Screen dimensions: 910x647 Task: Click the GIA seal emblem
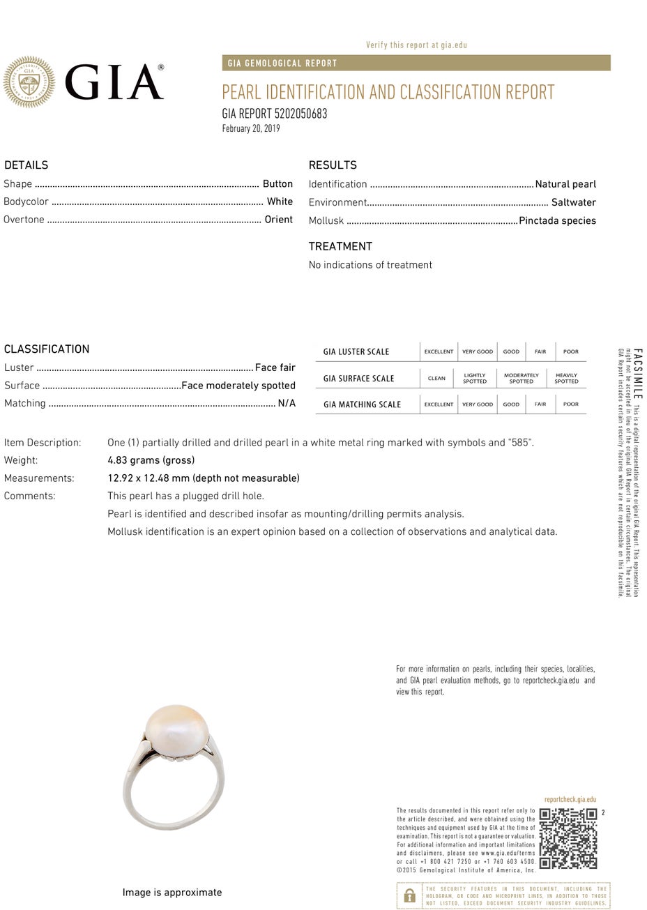pos(29,82)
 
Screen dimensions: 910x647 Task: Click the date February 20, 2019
pos(251,128)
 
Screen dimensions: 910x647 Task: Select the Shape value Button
pos(277,184)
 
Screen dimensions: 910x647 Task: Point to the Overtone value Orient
pos(278,220)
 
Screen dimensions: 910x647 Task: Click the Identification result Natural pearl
pos(565,184)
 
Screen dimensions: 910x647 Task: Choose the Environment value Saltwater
pos(573,202)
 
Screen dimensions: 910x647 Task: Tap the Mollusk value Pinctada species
pos(557,220)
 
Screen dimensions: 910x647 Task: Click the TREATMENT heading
pos(340,246)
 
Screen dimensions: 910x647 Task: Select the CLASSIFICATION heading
pos(47,349)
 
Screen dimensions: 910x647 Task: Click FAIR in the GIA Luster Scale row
pos(540,351)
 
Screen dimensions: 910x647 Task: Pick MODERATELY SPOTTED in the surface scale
pos(521,378)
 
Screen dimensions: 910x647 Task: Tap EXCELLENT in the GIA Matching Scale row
pos(439,404)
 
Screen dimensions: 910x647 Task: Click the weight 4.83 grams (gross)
pos(151,460)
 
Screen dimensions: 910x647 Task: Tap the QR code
pos(568,838)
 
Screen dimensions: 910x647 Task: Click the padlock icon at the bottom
pos(409,895)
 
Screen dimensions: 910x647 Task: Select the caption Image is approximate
pos(172,893)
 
